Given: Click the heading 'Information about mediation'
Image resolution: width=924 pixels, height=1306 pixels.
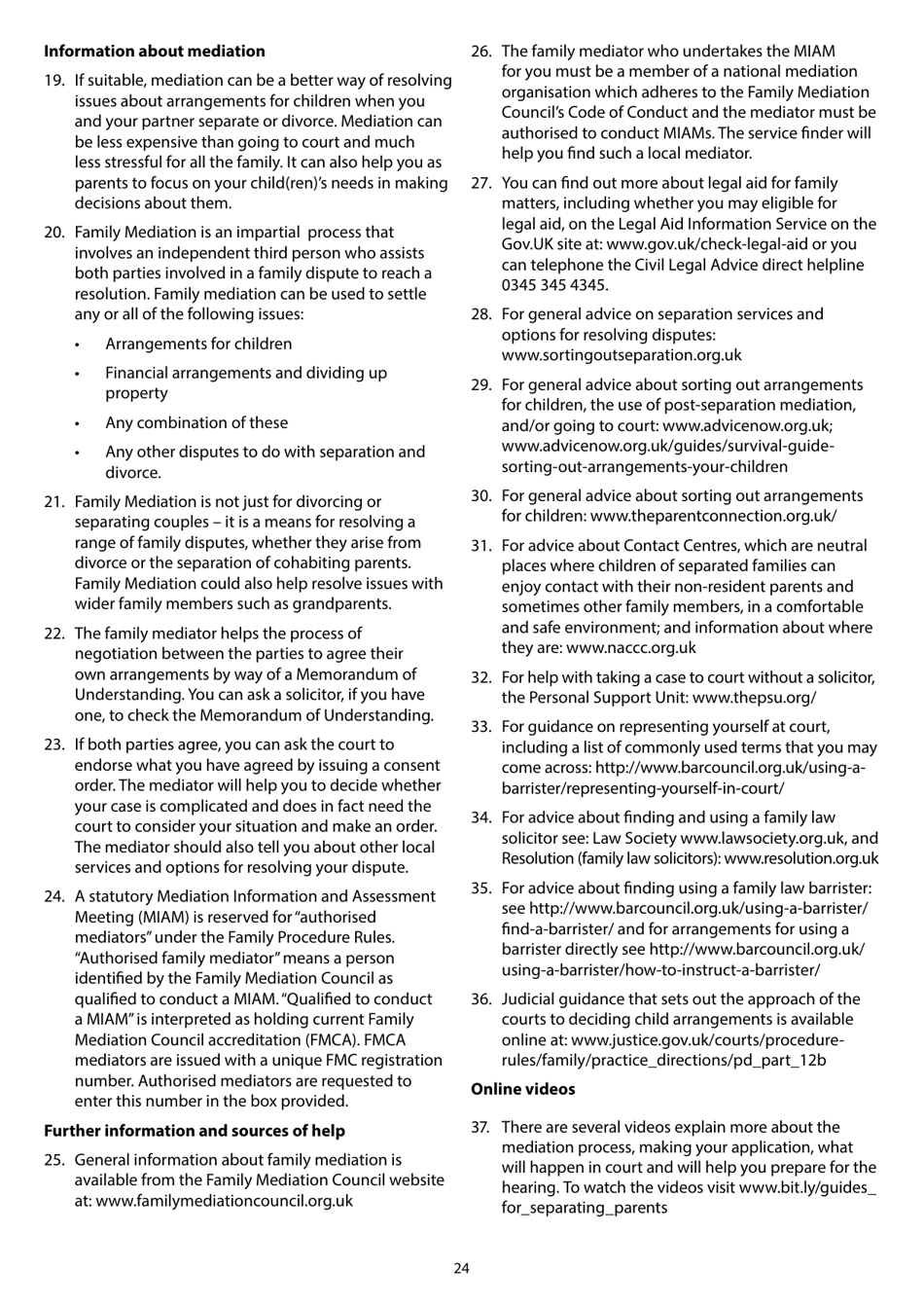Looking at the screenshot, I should coord(154,52).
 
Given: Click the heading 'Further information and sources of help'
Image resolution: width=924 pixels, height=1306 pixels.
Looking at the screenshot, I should coord(195,1131).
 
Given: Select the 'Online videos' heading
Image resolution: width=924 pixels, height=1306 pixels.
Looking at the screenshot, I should coord(522,1089).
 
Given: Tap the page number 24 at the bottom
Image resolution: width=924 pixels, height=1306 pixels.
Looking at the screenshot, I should coord(461,1268).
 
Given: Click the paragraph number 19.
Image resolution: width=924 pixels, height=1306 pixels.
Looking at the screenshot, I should coord(53,81).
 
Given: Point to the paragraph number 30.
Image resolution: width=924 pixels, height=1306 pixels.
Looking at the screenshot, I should coord(480,495).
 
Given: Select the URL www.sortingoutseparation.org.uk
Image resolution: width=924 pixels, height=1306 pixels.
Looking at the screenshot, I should coord(621,355).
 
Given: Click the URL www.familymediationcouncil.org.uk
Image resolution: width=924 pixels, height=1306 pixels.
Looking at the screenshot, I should coord(224,1201).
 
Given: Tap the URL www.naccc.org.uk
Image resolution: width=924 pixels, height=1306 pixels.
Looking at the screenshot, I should coord(631,648).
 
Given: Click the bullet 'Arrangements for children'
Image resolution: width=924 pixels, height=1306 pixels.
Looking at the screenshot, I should coord(198,344).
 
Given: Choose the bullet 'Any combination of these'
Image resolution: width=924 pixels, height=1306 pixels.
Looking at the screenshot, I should coord(196,422).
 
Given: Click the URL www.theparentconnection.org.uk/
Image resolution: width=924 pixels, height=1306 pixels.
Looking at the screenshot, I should coord(713,516).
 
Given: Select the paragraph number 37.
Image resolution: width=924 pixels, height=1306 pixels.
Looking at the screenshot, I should coord(480,1127).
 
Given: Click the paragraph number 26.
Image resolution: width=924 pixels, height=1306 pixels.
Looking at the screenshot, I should coord(480,52).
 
